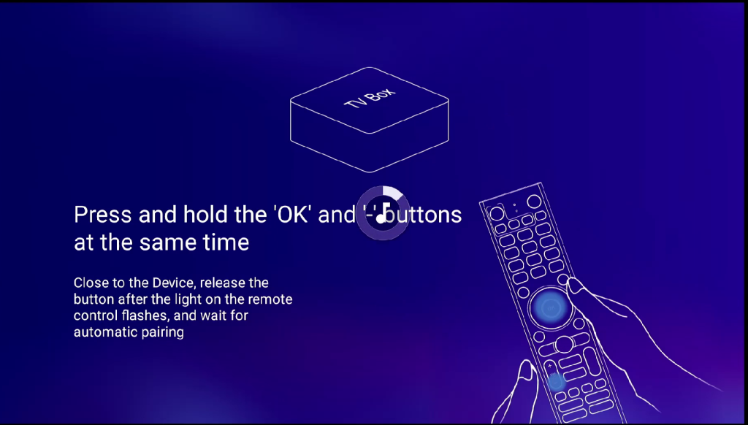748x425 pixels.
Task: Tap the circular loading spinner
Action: pyautogui.click(x=383, y=212)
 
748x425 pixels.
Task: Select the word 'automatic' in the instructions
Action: pyautogui.click(x=100, y=332)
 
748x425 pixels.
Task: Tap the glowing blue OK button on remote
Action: pyautogui.click(x=551, y=308)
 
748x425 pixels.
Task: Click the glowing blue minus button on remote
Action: pyautogui.click(x=556, y=380)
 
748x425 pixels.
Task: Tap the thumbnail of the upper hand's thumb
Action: pyautogui.click(x=575, y=287)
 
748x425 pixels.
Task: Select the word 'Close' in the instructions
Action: pyautogui.click(x=89, y=283)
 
